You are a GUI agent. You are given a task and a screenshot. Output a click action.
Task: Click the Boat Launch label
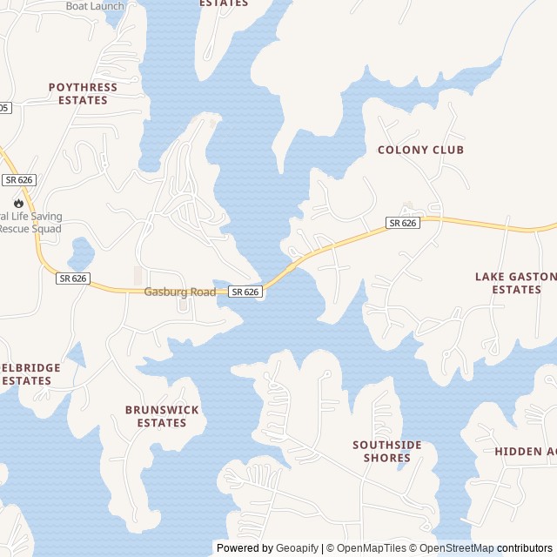click(95, 6)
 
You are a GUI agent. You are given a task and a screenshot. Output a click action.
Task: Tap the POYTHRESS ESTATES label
click(83, 94)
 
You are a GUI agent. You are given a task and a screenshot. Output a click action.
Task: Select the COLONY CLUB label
click(420, 150)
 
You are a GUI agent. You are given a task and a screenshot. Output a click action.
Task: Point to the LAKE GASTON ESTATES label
click(515, 283)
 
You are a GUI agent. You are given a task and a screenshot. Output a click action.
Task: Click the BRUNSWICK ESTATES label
click(162, 416)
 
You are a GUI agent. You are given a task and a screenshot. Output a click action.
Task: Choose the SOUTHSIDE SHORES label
click(387, 451)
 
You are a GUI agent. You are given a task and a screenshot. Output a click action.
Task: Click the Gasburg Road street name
click(180, 292)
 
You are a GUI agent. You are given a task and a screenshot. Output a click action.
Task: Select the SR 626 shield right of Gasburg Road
click(245, 292)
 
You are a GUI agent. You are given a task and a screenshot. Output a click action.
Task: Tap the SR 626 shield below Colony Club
click(403, 223)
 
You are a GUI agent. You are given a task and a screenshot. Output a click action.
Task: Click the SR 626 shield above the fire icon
click(18, 179)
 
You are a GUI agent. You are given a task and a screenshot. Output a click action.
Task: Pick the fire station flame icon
click(18, 203)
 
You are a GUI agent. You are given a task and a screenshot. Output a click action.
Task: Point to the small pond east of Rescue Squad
click(81, 253)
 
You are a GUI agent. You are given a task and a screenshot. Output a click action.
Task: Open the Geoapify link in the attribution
click(297, 548)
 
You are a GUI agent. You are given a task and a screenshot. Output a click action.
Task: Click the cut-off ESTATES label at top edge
click(224, 3)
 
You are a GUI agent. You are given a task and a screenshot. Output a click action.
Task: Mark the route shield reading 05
click(4, 108)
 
